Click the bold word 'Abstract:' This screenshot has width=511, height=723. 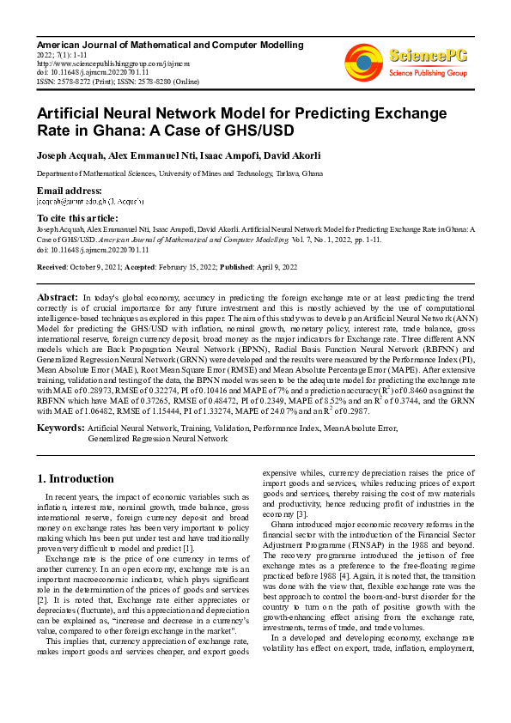pyautogui.click(x=58, y=296)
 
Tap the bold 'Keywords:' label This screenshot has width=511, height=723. pyautogui.click(x=60, y=427)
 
